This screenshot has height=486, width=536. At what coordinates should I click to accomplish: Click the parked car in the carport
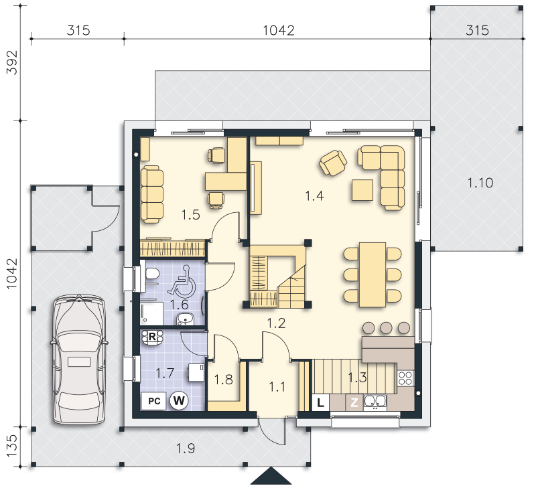coord(78,359)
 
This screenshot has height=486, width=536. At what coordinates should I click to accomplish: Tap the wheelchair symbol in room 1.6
coord(182,281)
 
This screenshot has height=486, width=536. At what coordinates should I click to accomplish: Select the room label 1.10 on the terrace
coord(480,183)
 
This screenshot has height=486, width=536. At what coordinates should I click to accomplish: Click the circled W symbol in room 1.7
coord(179,400)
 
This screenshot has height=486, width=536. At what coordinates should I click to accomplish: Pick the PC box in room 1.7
coord(154,400)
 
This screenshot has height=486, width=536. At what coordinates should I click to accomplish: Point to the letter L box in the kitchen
coord(320,402)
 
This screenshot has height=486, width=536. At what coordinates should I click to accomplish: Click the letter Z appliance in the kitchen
coord(354,402)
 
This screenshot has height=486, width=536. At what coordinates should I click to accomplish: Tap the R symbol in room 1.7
coord(152,337)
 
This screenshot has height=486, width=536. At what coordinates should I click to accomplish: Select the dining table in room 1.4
coord(373,275)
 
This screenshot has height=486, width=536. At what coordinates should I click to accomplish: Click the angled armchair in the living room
coord(333,163)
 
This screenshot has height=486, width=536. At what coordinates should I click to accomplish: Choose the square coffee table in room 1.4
coord(362,190)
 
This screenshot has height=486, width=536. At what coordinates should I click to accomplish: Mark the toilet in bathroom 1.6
coord(152,274)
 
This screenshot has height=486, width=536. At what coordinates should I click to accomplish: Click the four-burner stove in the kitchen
coord(405,378)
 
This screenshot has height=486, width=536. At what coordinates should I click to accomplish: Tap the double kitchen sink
coord(375,402)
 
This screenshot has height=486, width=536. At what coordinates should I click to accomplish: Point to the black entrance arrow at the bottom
coord(271,476)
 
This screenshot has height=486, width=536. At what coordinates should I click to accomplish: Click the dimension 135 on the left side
coord(12,446)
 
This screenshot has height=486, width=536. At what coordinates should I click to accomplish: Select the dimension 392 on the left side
coord(12,62)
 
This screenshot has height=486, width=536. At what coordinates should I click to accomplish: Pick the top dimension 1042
coord(279,30)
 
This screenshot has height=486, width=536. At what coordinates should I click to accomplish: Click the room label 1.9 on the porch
coord(186,449)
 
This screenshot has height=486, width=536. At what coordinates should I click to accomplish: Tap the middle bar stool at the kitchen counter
coord(387,328)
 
